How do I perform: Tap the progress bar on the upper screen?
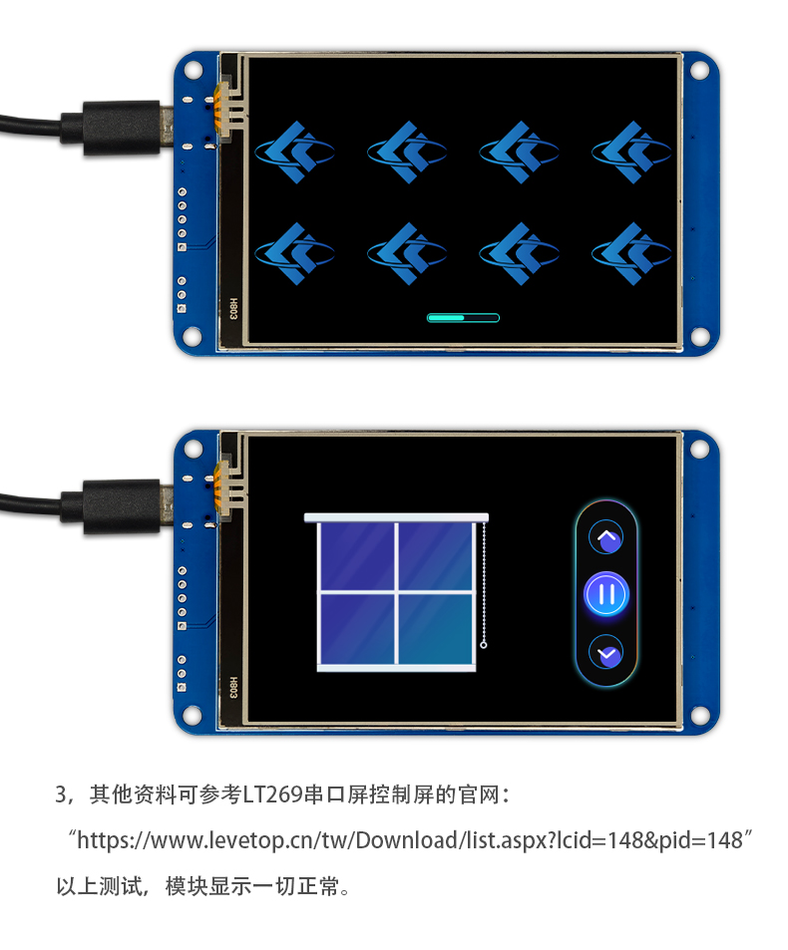(463, 317)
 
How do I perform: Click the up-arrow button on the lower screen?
(606, 536)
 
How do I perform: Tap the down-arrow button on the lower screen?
(606, 652)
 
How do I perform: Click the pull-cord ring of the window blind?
(483, 645)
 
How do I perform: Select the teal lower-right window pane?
(436, 628)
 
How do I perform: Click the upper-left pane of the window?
(357, 555)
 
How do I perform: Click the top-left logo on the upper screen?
(294, 152)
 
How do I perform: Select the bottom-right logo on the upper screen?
(631, 253)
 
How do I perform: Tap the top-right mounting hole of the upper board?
(699, 71)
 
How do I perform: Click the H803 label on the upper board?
(233, 308)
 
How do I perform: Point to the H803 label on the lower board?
(233, 687)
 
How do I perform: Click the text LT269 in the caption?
(272, 794)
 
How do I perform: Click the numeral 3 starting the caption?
(61, 794)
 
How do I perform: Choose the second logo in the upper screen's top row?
(407, 152)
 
